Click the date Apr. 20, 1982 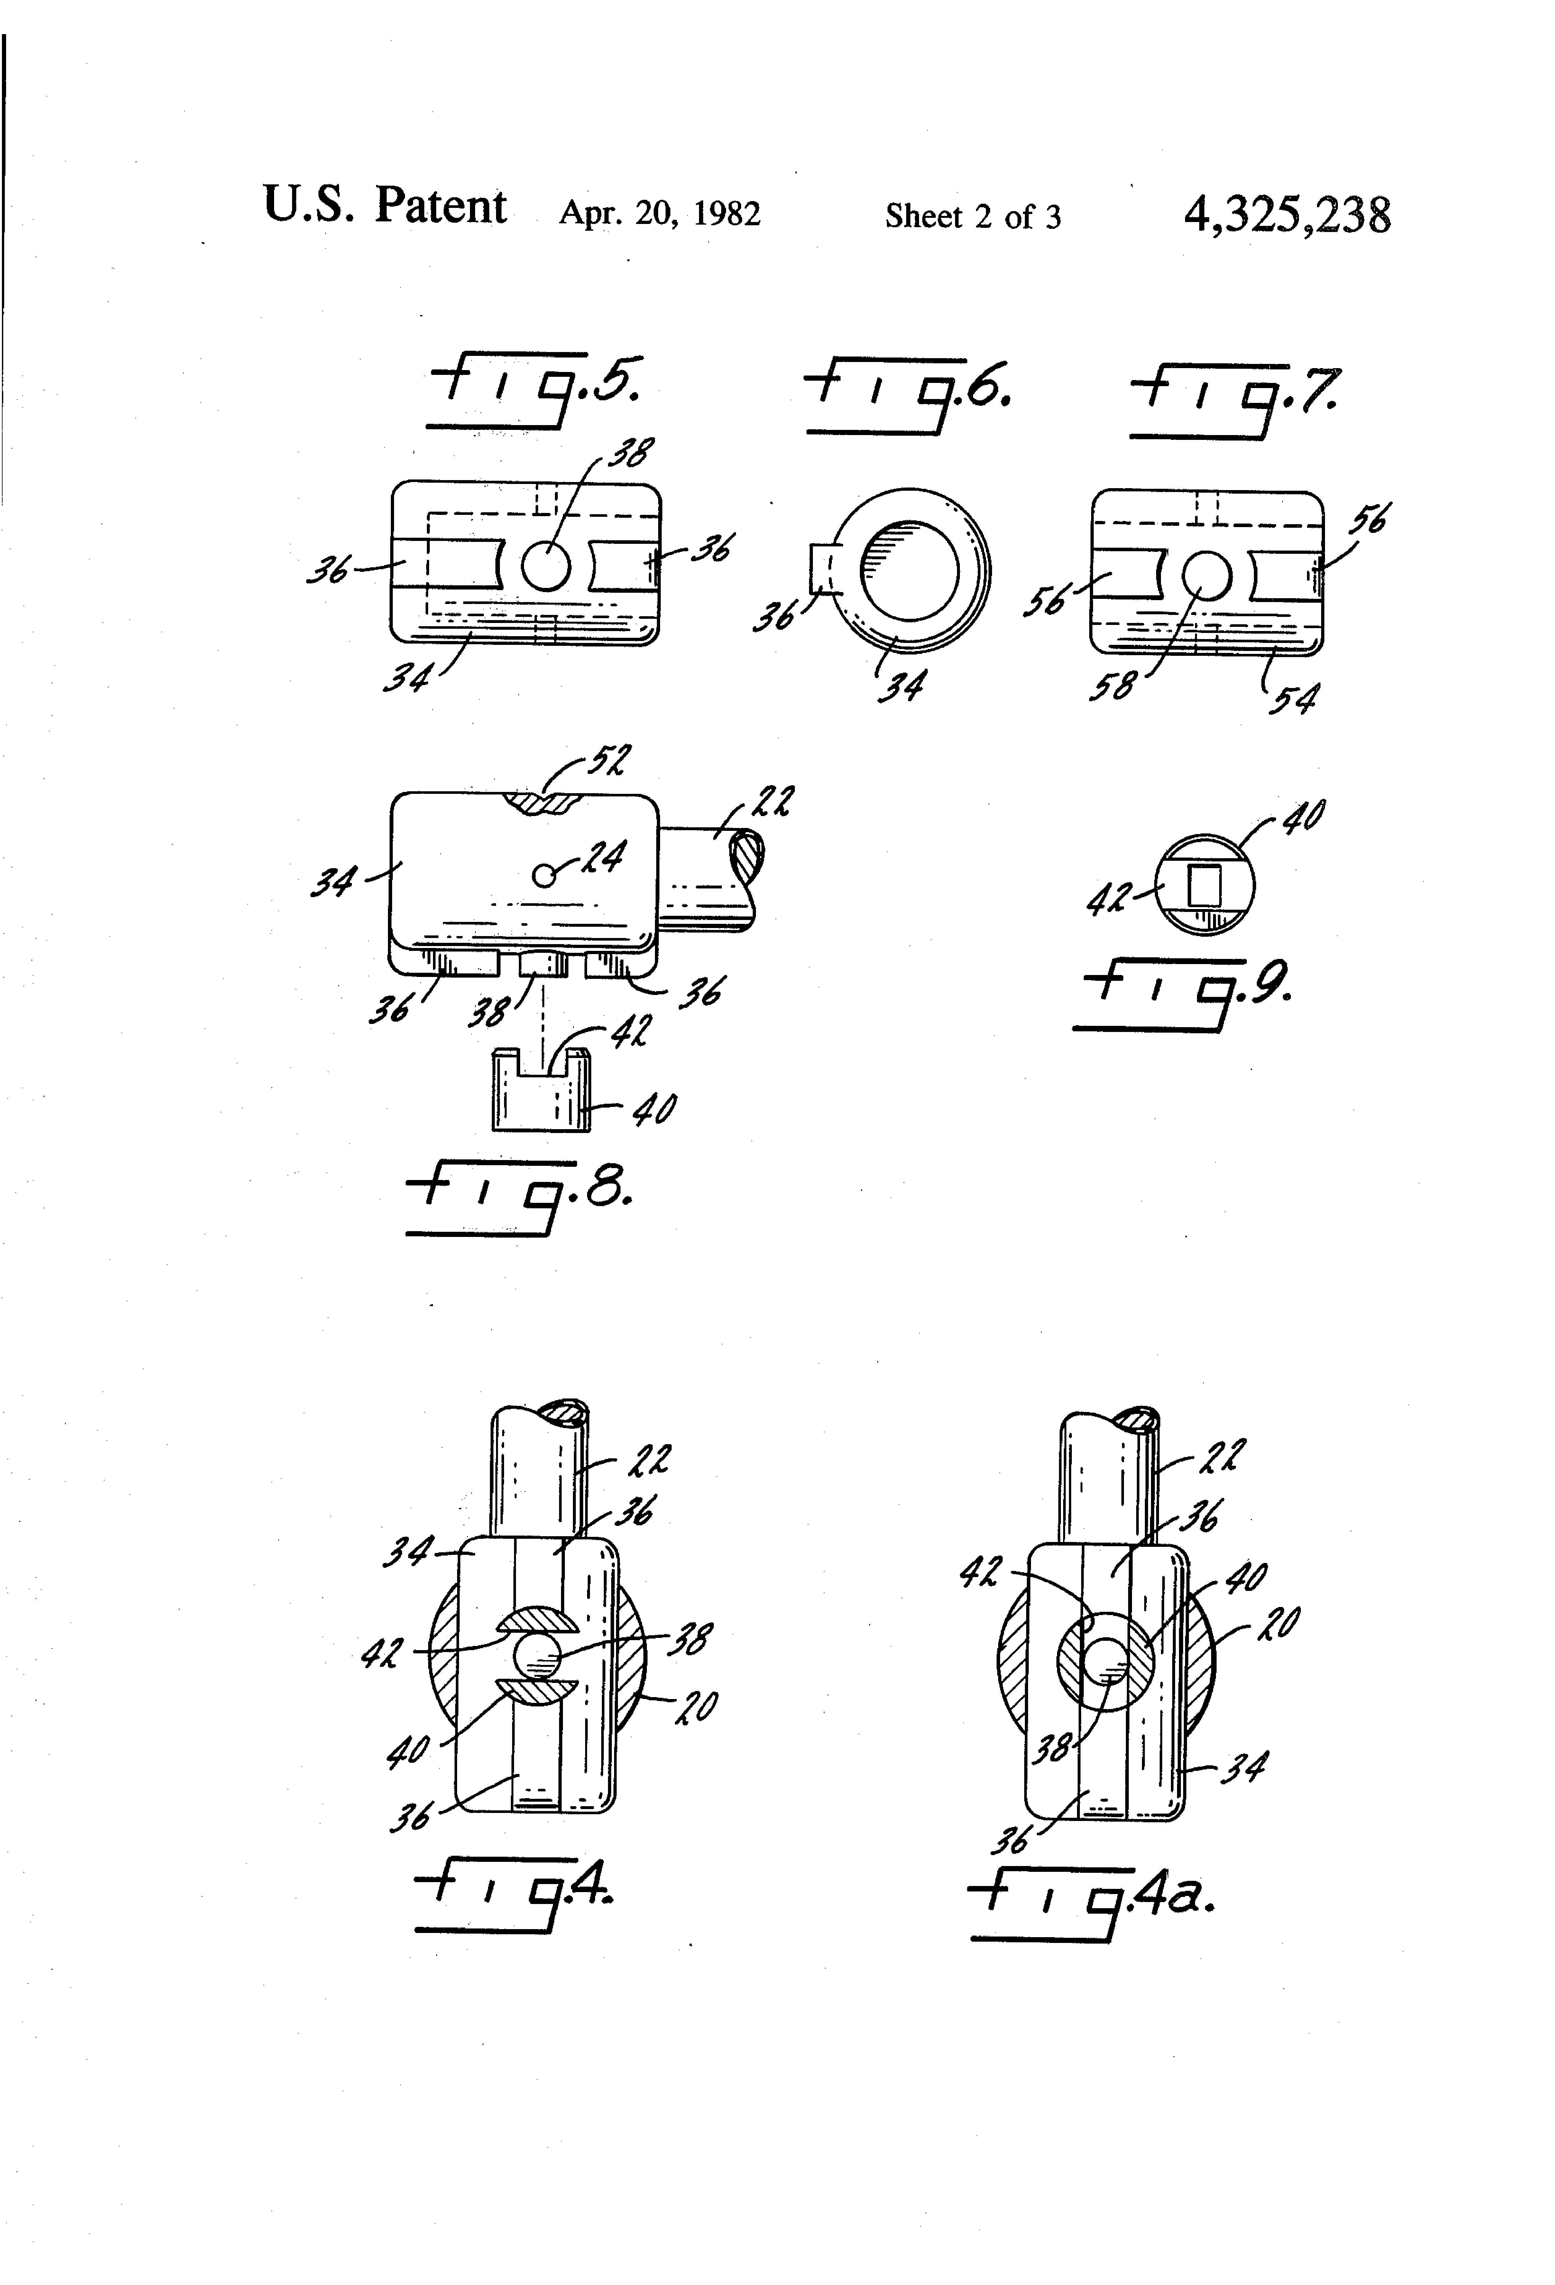pos(659,213)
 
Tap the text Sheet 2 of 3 pos(973,215)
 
